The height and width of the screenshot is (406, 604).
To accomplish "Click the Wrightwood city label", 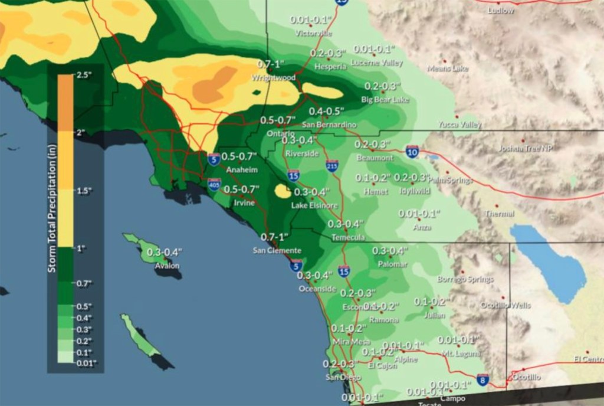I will tap(273, 77).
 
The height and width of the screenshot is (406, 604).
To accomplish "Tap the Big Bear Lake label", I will tap(385, 99).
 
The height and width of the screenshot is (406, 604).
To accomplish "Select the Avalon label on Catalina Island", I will tap(167, 266).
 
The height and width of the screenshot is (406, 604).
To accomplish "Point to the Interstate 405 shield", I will tap(215, 186).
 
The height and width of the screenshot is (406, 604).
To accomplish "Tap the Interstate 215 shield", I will tap(333, 167).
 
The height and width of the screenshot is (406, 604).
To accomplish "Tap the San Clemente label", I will tap(277, 250).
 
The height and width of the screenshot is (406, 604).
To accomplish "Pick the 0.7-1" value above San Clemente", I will tap(274, 237).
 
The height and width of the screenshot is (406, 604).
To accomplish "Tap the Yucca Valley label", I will tap(460, 125).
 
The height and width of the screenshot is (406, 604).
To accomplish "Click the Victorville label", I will tap(313, 34).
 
